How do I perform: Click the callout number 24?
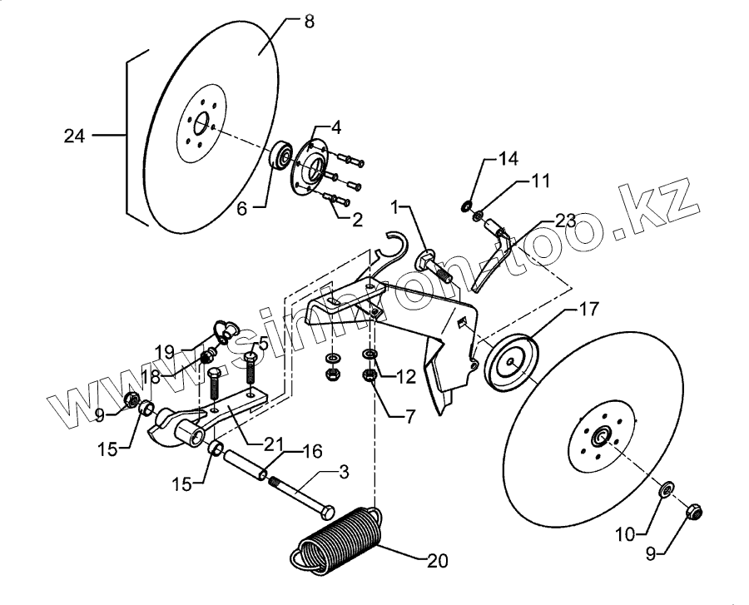pos(74,135)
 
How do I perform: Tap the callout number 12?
pos(405,378)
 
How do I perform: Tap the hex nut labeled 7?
pos(370,376)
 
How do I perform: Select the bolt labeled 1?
pos(433,265)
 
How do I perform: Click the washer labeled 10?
pos(667,490)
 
